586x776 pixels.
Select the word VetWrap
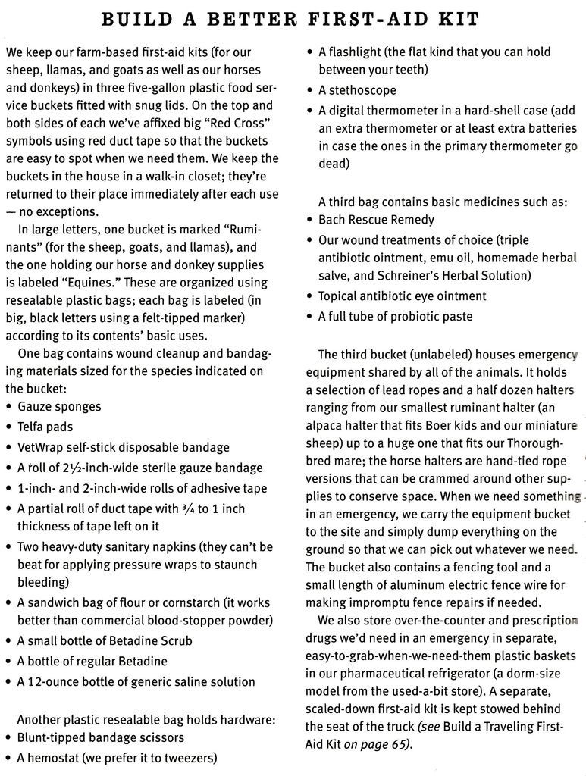(42, 447)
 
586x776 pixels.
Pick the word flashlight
(356, 52)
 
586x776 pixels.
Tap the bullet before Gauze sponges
(8, 407)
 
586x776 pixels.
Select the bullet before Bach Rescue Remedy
(310, 220)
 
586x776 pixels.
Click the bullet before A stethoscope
(310, 90)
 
